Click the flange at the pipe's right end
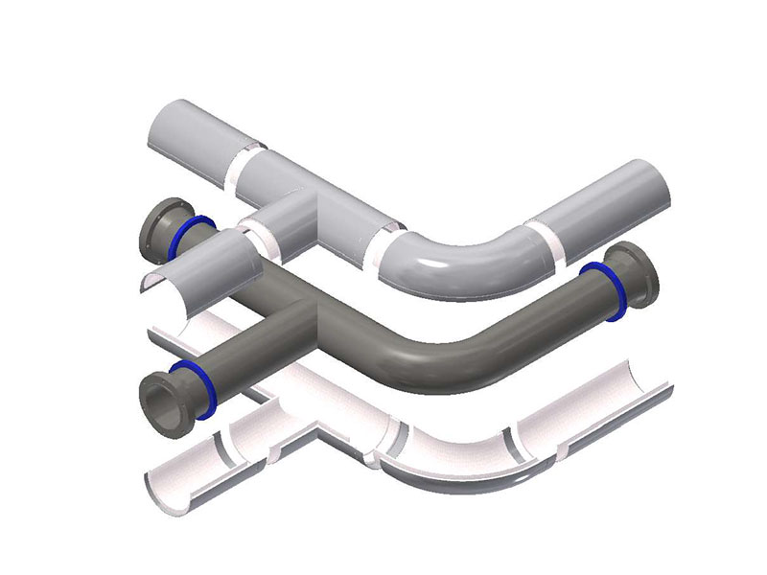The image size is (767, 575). [x=635, y=277]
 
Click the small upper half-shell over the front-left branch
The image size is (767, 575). [x=197, y=268]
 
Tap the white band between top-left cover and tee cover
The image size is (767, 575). [x=247, y=158]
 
